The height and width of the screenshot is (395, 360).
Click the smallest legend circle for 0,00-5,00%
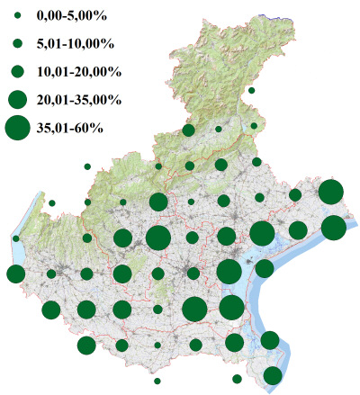pos(18,16)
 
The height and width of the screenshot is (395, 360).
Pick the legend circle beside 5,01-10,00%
pos(18,43)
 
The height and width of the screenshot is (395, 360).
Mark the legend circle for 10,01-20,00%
pos(18,70)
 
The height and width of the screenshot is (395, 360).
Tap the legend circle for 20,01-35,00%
pos(18,98)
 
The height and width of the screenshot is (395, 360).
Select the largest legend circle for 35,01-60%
pos(18,128)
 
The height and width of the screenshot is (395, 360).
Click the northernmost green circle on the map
pos(251,91)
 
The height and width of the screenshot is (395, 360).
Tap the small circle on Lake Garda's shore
pos(16,238)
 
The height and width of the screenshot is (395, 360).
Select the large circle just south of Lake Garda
pos(15,274)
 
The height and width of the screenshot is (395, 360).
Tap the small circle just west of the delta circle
pos(237,379)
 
